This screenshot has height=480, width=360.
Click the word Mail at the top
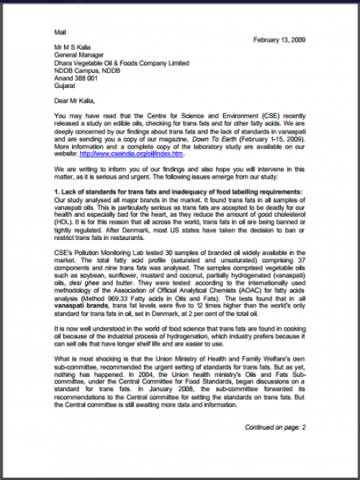pos(60,32)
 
